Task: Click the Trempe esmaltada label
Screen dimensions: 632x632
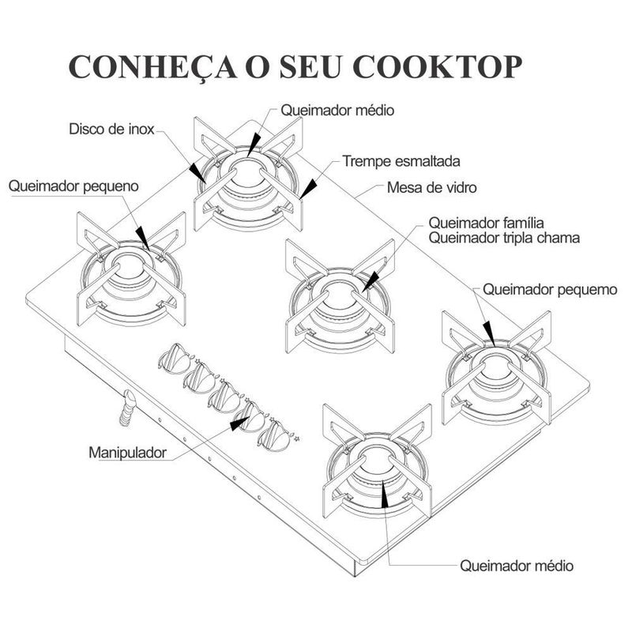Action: point(401,161)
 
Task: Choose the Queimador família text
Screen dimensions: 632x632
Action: point(487,222)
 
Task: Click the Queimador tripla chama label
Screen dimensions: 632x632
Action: point(504,237)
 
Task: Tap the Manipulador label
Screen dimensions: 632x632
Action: point(127,453)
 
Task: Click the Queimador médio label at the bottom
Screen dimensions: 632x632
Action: point(516,566)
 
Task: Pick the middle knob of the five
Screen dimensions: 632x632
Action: point(224,394)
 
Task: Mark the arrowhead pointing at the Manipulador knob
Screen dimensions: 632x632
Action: point(237,423)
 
